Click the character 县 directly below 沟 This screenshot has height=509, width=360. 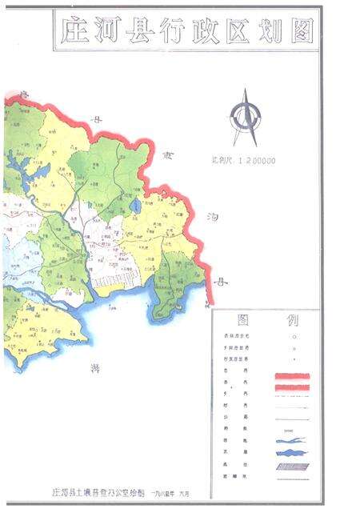(x=222, y=282)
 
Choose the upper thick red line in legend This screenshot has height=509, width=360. (x=292, y=375)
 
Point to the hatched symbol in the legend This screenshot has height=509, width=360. (x=292, y=452)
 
